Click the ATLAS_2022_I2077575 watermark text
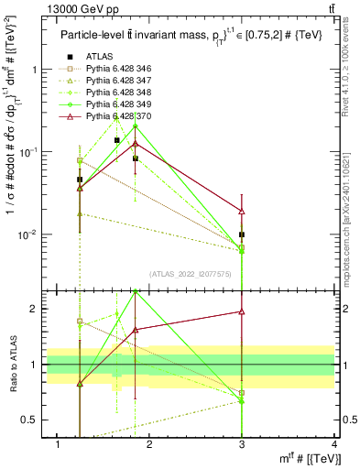[190, 274]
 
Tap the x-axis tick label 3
[242, 444]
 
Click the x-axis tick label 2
[150, 444]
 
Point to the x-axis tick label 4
[333, 444]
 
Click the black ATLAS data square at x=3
[242, 234]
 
